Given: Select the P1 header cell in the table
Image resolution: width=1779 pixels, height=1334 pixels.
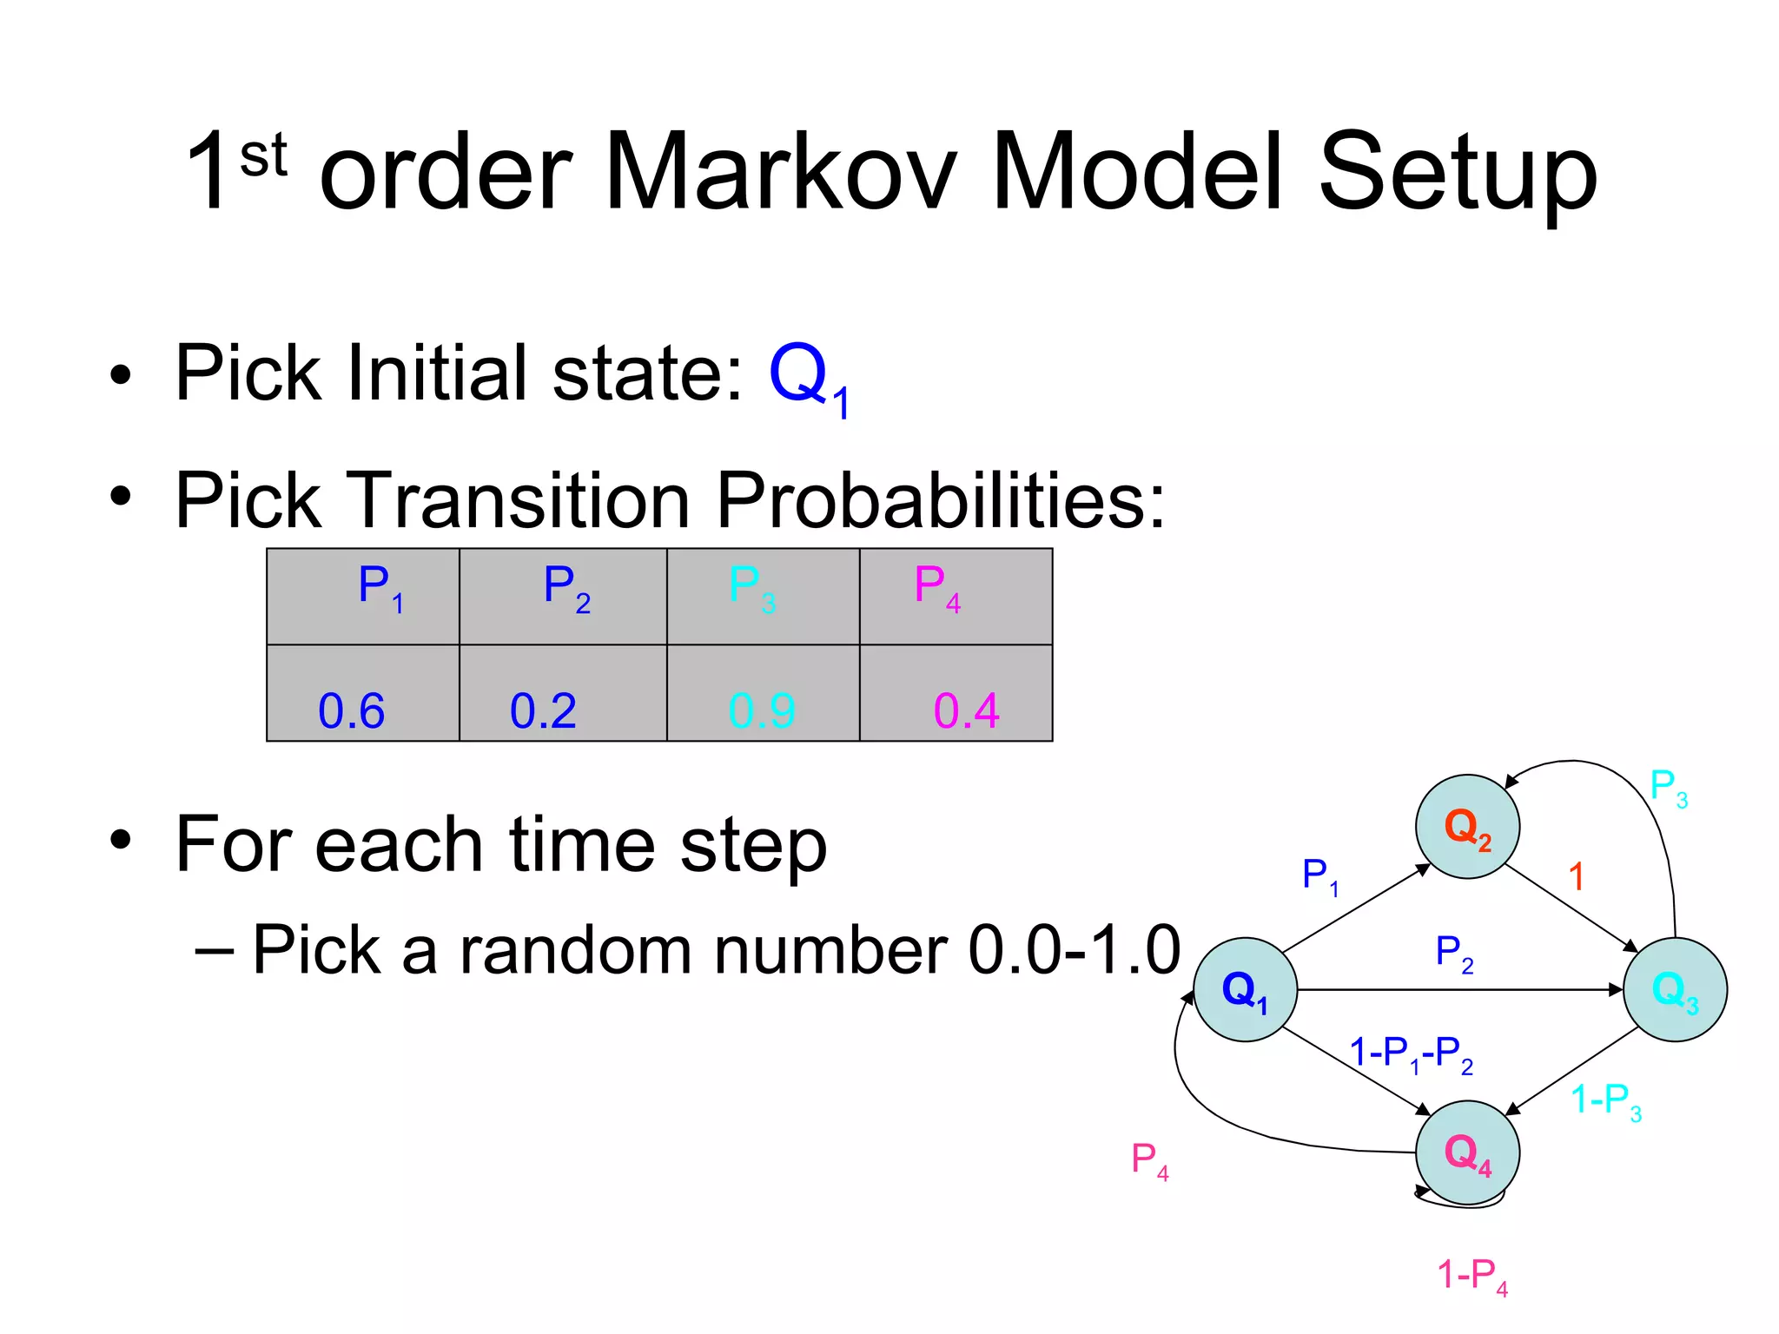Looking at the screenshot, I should (363, 597).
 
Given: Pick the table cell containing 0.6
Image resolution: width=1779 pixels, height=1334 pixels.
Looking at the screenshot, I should (363, 693).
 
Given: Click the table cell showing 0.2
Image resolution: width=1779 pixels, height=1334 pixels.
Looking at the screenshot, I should (563, 693).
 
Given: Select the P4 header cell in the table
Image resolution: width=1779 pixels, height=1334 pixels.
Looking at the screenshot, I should (956, 597).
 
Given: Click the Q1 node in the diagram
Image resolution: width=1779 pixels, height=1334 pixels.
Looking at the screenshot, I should (1245, 989).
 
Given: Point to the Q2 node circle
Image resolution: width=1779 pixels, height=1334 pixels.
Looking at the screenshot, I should (1467, 826).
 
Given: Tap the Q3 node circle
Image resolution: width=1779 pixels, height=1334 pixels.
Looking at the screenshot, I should (1675, 989).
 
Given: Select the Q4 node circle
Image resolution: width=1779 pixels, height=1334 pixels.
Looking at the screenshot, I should (1467, 1152).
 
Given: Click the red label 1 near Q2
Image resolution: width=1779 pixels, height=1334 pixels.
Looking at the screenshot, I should (1576, 876).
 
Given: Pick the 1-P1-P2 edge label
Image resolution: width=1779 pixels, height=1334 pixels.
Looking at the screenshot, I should (1411, 1054).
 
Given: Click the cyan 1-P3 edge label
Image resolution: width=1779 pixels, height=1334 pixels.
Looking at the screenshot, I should (1605, 1101).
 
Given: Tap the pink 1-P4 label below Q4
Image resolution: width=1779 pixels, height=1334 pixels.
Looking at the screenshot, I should (1472, 1276).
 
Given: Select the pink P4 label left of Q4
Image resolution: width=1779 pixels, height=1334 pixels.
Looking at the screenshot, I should (1149, 1160).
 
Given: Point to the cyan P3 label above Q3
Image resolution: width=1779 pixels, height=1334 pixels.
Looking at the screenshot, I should (1668, 787).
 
